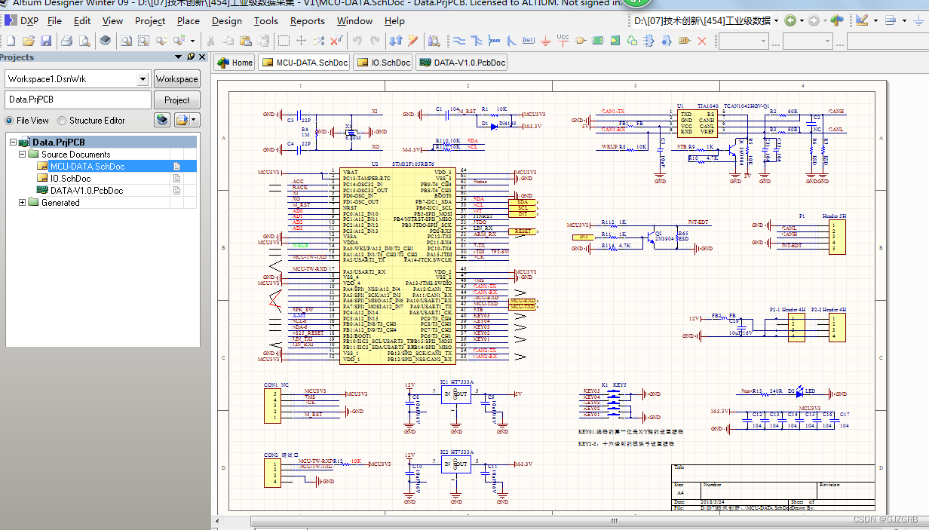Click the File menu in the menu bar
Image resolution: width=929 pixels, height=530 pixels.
pyautogui.click(x=54, y=21)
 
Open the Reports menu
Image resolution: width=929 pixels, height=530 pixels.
pyautogui.click(x=307, y=21)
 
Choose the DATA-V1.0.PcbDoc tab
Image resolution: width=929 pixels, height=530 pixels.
pyautogui.click(x=461, y=63)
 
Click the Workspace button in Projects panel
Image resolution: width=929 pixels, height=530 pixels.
pyautogui.click(x=176, y=79)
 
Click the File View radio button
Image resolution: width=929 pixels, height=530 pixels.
pyautogui.click(x=9, y=121)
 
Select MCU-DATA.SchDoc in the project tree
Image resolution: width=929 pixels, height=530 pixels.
pyautogui.click(x=87, y=167)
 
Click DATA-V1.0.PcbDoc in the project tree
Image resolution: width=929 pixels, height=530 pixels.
pyautogui.click(x=86, y=191)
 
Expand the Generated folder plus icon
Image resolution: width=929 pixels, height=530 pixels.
pyautogui.click(x=22, y=203)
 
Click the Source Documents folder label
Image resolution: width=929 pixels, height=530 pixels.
pyautogui.click(x=75, y=155)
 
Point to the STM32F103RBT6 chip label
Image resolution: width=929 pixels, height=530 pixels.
pyautogui.click(x=412, y=164)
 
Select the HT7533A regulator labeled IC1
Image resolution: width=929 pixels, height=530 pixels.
pyautogui.click(x=455, y=395)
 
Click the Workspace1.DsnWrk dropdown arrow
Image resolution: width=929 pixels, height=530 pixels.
pyautogui.click(x=143, y=79)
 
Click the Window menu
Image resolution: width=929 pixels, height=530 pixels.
pyautogui.click(x=354, y=21)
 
